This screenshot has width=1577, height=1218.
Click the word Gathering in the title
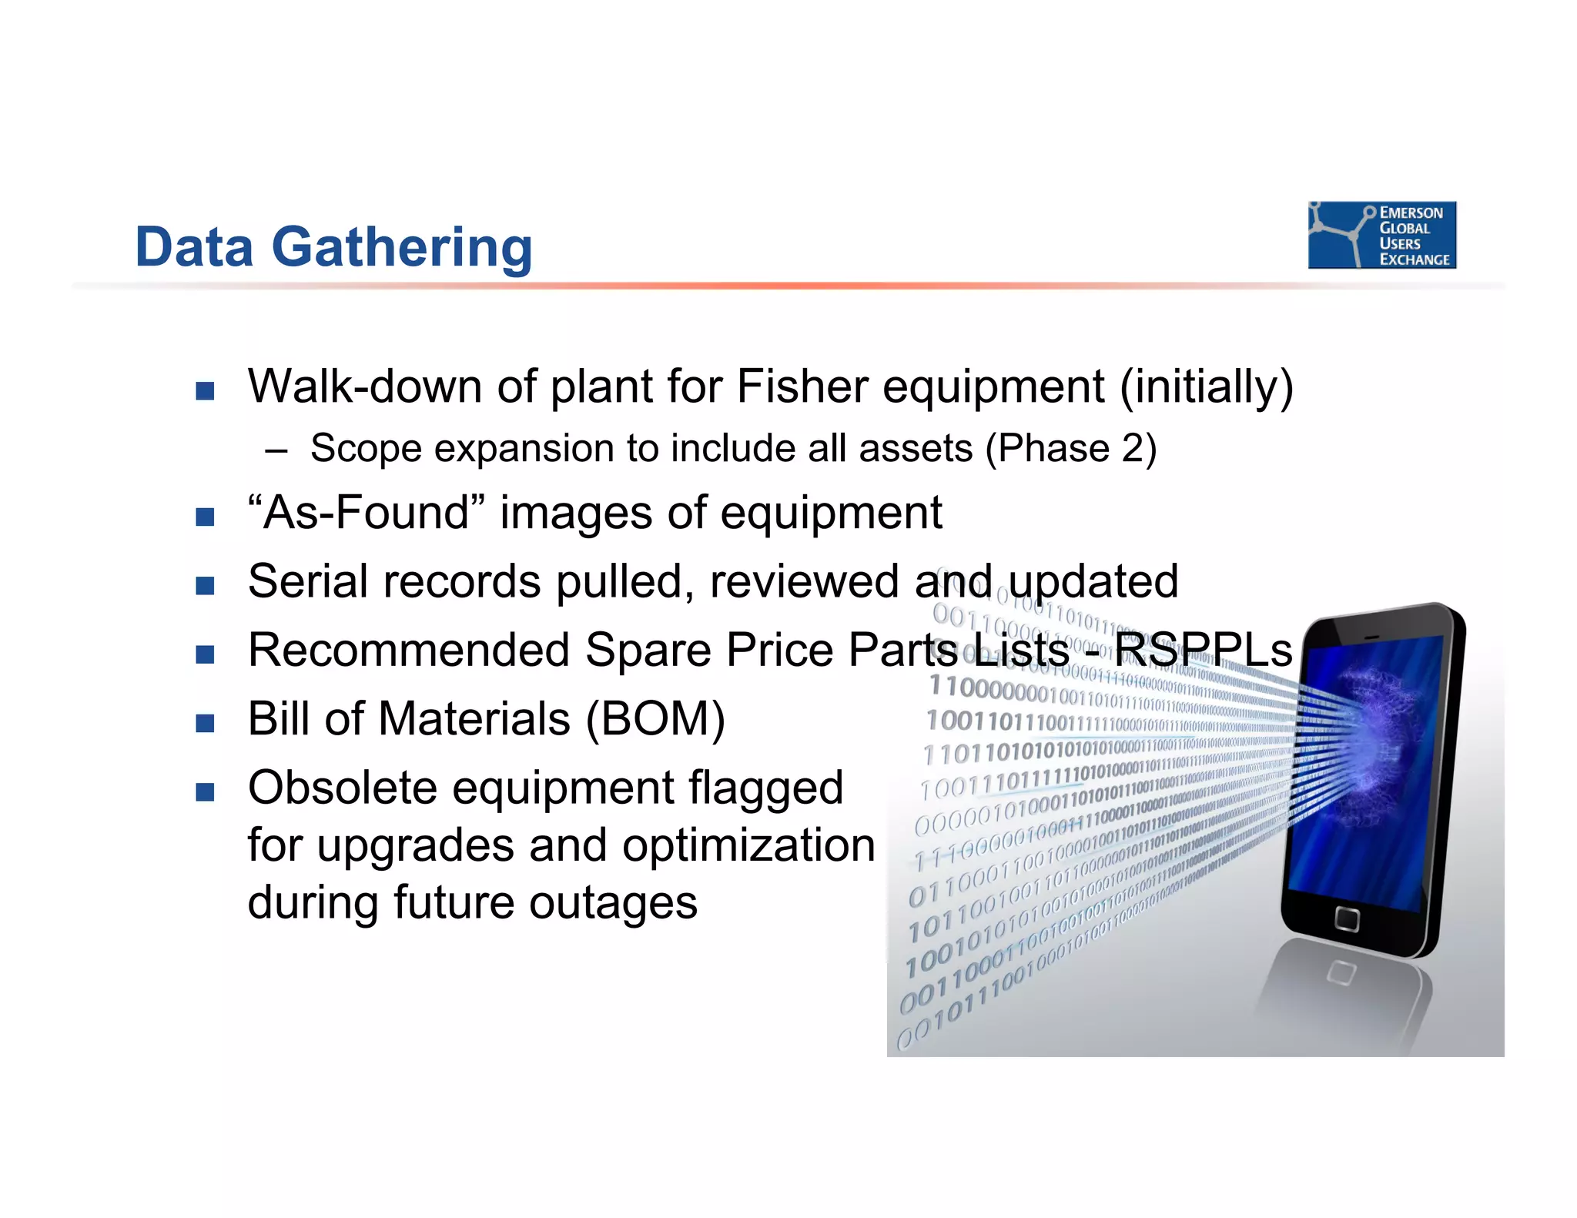(401, 248)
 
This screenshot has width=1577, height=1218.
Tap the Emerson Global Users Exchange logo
(1381, 235)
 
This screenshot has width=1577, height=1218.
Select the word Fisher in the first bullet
(802, 386)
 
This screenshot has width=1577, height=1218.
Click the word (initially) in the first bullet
(1206, 386)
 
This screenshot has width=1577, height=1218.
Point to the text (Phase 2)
(1071, 448)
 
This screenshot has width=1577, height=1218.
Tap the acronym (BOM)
(655, 719)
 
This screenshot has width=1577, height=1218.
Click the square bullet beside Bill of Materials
(205, 723)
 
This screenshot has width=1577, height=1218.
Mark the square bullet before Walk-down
(205, 390)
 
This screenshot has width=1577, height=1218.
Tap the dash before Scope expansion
(276, 450)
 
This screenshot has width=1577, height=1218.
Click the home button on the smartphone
(1347, 919)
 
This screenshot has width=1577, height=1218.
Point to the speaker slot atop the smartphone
(1372, 637)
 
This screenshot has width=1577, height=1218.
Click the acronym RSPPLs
(1203, 650)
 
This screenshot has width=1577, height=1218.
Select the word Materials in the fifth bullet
(474, 719)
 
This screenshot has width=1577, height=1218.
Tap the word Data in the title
(194, 248)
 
